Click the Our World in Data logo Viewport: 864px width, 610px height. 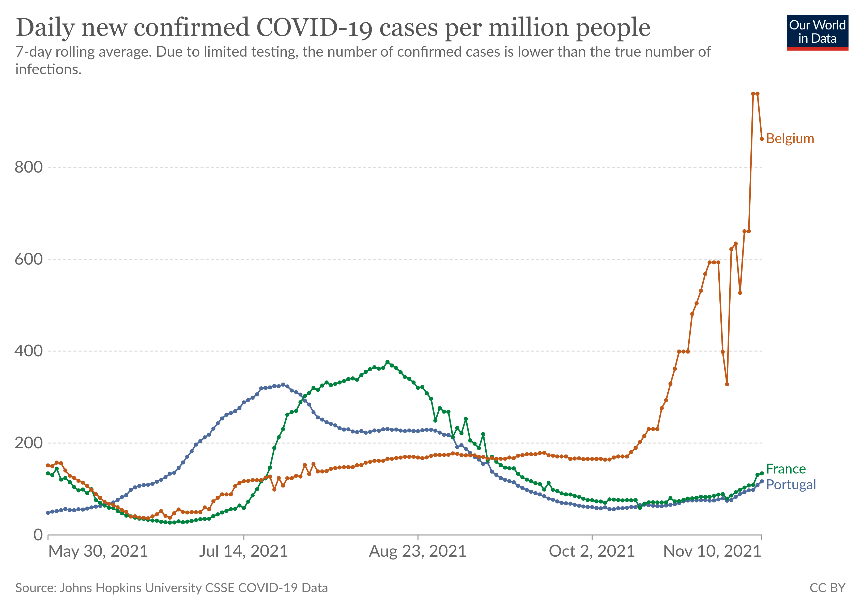[817, 32]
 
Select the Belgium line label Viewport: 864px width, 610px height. [790, 139]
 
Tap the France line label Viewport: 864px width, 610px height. [786, 469]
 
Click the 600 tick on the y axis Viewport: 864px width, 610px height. [29, 259]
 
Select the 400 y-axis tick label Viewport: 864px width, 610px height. [29, 351]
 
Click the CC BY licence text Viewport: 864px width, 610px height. [827, 588]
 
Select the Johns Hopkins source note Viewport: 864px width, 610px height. [172, 588]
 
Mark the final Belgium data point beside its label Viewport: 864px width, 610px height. [762, 139]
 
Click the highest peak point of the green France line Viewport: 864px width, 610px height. [387, 362]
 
